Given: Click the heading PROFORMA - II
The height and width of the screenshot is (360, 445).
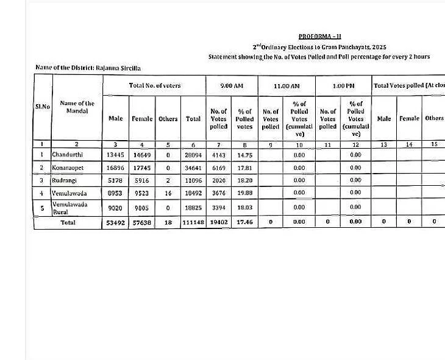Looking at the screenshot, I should click(320, 37).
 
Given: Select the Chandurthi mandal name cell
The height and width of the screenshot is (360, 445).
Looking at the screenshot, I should click(67, 155).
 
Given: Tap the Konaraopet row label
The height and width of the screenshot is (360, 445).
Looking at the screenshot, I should click(68, 168).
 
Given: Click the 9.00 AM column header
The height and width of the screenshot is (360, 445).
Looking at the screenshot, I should click(231, 86).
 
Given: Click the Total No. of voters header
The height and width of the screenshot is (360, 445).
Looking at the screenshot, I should click(154, 86).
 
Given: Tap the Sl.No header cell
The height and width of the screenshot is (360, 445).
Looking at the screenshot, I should click(42, 107).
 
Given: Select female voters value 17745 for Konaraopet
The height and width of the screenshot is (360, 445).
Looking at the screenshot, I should click(142, 168).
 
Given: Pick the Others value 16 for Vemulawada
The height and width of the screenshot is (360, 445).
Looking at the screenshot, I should click(168, 193).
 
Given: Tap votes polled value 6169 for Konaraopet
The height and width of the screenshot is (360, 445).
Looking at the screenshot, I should click(218, 168).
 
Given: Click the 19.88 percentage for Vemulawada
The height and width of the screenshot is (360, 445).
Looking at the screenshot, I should click(244, 193).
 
